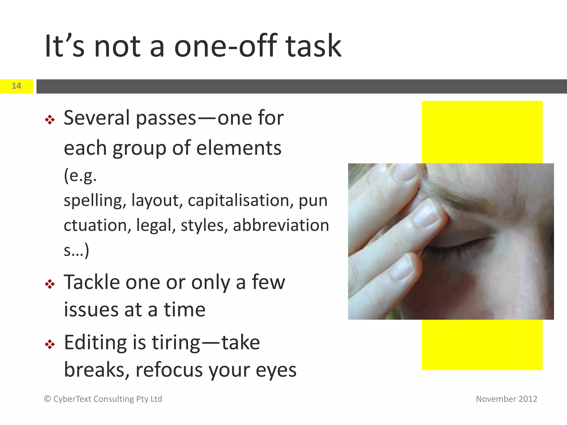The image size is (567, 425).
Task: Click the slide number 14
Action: [16, 86]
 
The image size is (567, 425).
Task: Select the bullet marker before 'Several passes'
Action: [50, 120]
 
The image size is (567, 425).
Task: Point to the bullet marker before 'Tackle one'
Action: [50, 284]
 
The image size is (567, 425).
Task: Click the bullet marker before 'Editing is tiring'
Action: [50, 344]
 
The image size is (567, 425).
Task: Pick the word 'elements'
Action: [239, 148]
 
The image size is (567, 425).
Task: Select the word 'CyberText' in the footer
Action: [72, 399]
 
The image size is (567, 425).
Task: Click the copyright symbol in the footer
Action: [47, 399]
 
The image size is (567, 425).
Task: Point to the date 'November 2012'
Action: [506, 399]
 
